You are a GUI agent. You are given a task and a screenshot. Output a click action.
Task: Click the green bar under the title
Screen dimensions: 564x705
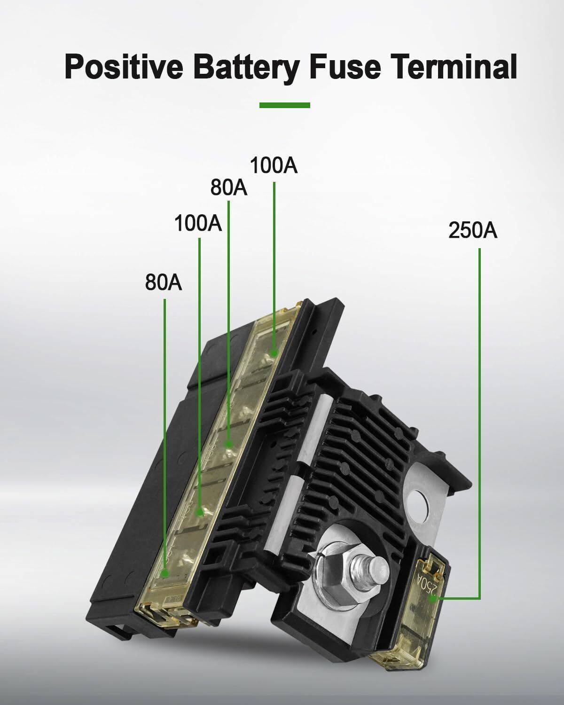[x=284, y=105]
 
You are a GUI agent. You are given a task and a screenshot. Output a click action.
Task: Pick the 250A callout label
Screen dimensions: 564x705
[x=472, y=230]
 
